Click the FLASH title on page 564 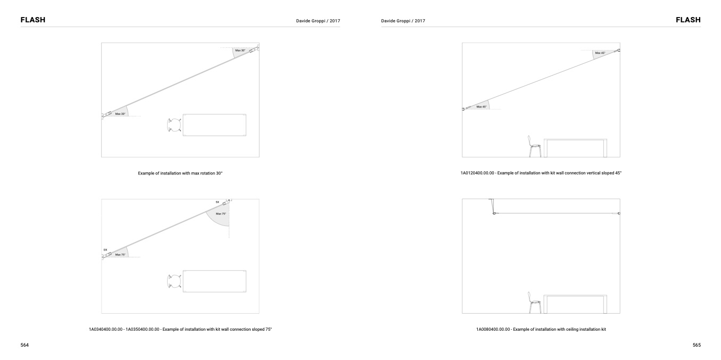coord(33,20)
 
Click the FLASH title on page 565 coord(688,20)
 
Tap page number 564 coord(24,345)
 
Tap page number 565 coord(697,345)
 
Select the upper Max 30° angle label coord(240,51)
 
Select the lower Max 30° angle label coord(120,114)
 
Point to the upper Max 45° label coord(600,53)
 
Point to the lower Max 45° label coord(482,107)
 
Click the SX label coord(218,202)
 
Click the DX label coord(105,250)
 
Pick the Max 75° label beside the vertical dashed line coord(221,214)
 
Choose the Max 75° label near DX coord(120,255)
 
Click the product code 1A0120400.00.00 coord(477,173)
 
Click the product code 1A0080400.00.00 coord(493,330)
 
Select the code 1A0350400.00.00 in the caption coord(142,330)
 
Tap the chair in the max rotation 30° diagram coord(174,125)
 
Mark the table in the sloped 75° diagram coord(214,281)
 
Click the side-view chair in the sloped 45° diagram coord(534,146)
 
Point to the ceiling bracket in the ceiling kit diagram coord(492,206)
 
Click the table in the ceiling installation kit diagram coord(575,304)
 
